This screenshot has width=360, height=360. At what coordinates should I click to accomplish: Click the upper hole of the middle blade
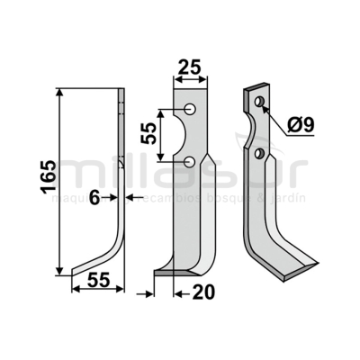pos(192,109)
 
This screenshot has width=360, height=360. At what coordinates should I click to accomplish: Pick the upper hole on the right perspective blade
pos(259,103)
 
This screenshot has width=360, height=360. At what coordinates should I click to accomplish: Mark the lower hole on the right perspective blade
pos(261,155)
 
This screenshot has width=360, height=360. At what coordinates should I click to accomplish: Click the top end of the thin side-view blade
pos(122,90)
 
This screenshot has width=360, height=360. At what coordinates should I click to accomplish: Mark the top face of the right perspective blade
pos(256,90)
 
